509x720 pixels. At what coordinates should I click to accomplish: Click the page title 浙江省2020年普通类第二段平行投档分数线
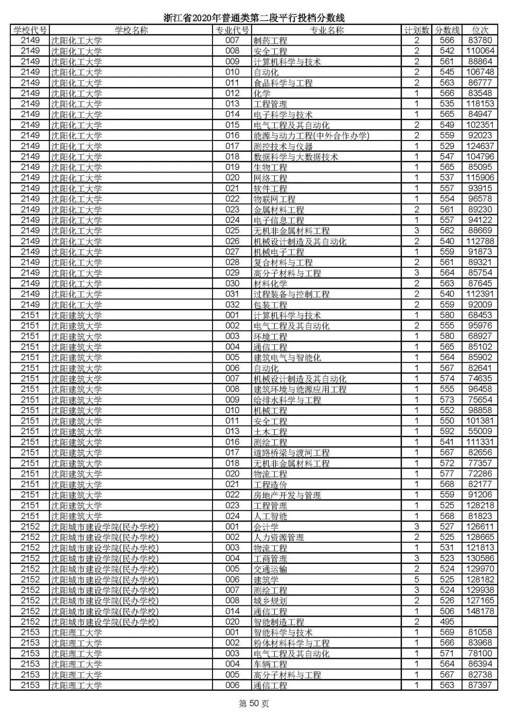(x=254, y=18)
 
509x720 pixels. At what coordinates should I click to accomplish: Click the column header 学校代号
(x=30, y=30)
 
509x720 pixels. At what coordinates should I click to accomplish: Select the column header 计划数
(x=417, y=30)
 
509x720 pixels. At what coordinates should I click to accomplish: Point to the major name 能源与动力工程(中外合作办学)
(x=311, y=136)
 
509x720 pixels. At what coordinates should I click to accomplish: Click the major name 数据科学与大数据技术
(x=296, y=157)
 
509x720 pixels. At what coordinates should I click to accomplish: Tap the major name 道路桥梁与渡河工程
(x=291, y=453)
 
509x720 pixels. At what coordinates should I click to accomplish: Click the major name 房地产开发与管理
(x=287, y=495)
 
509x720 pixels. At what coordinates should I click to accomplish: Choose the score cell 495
(x=447, y=622)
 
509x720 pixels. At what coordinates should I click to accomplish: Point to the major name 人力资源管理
(x=279, y=538)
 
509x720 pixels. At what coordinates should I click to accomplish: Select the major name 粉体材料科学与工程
(x=291, y=643)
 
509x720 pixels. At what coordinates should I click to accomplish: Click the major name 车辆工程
(x=270, y=664)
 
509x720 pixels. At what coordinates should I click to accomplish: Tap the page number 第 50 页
(x=254, y=704)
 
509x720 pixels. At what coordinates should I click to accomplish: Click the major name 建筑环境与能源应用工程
(x=300, y=389)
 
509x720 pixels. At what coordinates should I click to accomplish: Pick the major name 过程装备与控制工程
(x=291, y=294)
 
